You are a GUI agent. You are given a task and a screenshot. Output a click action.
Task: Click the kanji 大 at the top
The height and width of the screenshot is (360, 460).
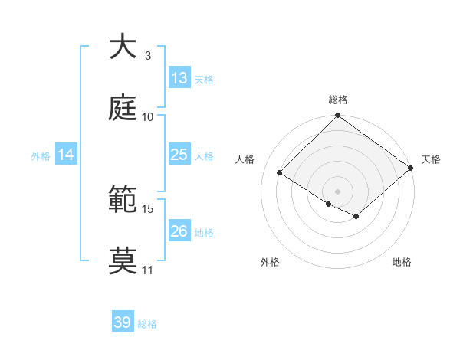(x=123, y=47)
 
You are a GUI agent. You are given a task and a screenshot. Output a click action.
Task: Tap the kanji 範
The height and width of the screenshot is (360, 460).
(x=123, y=201)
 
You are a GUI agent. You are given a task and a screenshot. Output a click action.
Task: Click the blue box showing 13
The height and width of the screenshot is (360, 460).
(x=179, y=78)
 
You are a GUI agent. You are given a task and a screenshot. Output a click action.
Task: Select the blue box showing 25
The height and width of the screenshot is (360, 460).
(x=179, y=155)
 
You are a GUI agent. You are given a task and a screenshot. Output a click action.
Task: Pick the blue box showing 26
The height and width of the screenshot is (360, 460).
(x=179, y=231)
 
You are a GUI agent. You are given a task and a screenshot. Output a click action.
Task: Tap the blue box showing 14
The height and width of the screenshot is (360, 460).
(x=66, y=155)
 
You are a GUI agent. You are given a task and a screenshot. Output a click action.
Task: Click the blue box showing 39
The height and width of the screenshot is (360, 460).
(x=123, y=322)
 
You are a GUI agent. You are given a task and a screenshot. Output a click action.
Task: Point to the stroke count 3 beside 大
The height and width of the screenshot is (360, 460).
(x=147, y=56)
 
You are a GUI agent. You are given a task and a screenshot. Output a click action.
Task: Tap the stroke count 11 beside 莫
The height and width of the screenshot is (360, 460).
(x=147, y=270)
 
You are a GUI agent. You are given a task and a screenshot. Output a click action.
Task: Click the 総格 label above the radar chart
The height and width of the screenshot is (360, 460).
(x=337, y=100)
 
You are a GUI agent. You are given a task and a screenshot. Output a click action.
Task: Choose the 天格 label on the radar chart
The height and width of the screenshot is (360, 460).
(x=431, y=159)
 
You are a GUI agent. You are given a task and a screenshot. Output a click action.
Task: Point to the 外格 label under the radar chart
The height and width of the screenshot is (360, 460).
(x=270, y=262)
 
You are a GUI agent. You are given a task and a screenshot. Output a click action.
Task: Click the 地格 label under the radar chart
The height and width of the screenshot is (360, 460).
(x=402, y=262)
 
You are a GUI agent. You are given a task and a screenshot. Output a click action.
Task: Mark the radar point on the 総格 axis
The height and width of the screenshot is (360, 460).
(x=337, y=116)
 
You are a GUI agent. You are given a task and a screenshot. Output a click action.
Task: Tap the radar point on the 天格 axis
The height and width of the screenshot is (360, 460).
(x=411, y=169)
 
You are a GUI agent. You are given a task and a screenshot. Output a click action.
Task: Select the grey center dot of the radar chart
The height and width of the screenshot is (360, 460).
(x=337, y=191)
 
